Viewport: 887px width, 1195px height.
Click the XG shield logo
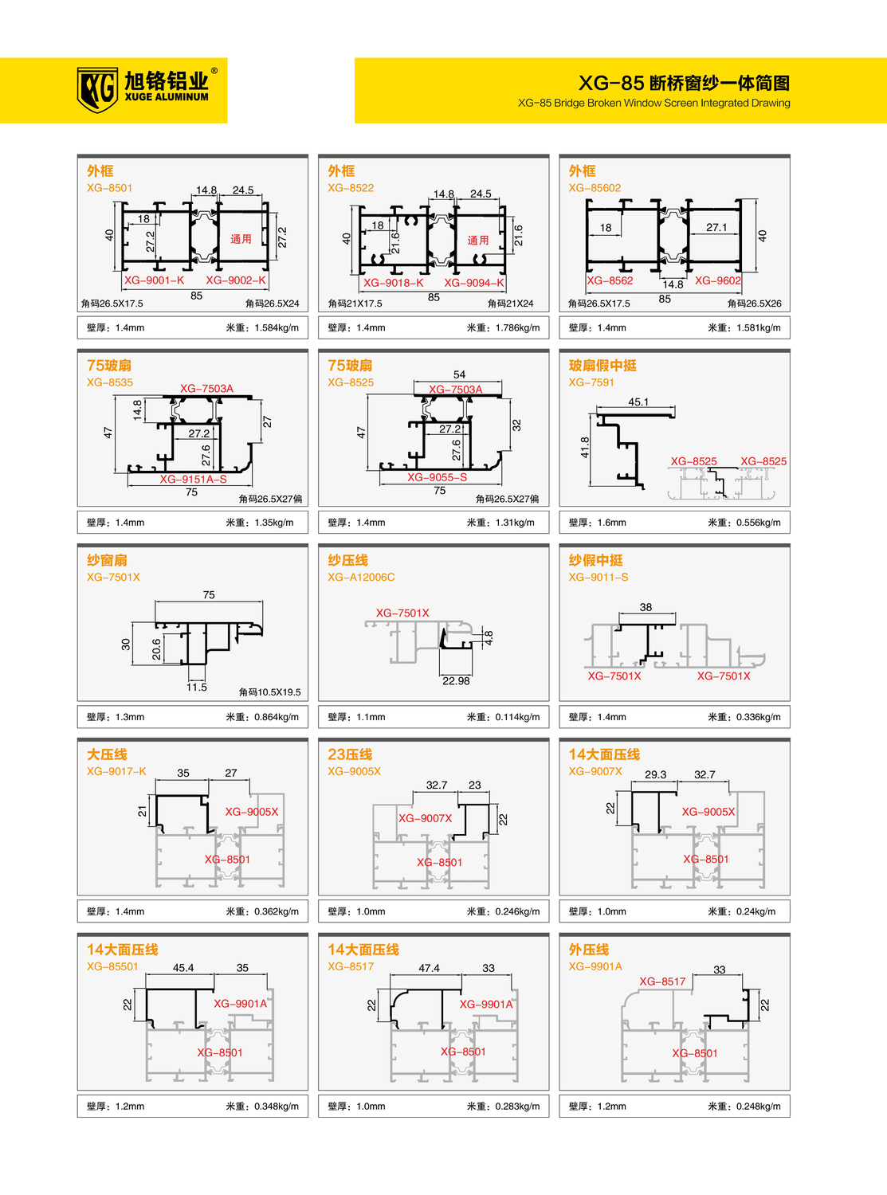[97, 90]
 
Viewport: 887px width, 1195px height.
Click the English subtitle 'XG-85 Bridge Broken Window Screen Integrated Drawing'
[654, 103]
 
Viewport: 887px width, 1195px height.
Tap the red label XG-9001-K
[155, 280]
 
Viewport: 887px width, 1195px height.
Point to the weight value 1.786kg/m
[517, 327]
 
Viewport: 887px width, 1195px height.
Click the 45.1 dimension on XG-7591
[638, 402]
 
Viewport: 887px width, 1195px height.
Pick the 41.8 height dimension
[585, 448]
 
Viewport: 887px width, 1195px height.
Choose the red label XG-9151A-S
[193, 480]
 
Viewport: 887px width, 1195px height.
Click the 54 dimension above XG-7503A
[459, 374]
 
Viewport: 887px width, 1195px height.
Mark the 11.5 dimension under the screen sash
[197, 688]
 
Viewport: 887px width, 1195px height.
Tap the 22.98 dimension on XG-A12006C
[456, 681]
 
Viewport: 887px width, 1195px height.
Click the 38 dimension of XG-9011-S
[646, 607]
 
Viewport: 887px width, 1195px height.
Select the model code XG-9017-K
[116, 771]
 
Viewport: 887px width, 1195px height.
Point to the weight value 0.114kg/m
[517, 717]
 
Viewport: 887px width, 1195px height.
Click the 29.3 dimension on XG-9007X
[656, 774]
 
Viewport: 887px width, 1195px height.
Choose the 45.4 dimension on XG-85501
[183, 968]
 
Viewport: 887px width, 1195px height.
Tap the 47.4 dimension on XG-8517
[430, 968]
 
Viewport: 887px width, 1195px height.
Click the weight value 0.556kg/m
[758, 523]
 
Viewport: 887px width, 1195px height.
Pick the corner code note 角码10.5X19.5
[270, 692]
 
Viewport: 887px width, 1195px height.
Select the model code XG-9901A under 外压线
[595, 966]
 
